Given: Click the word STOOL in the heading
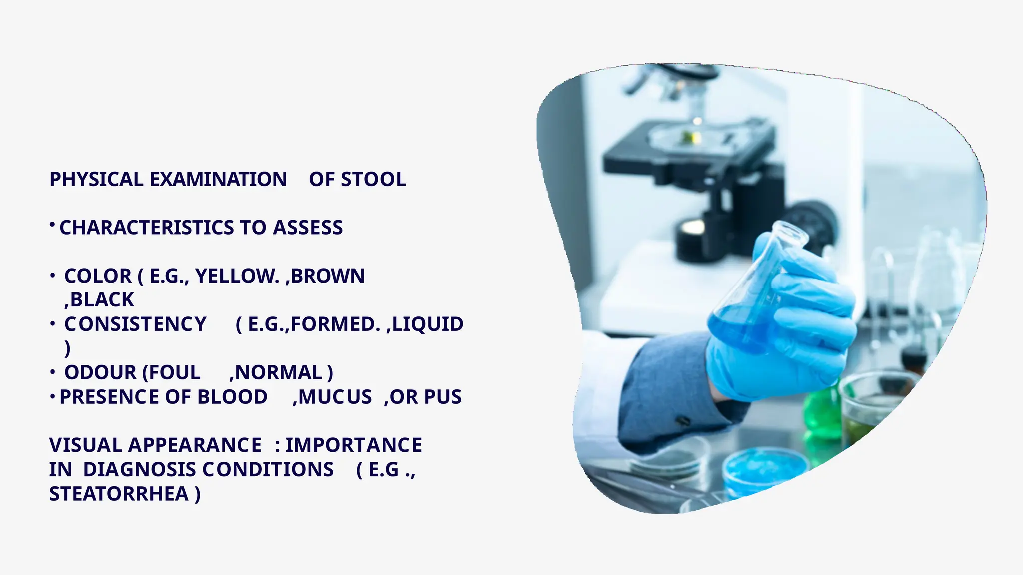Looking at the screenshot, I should [373, 180].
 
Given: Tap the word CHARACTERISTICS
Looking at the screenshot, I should [147, 228].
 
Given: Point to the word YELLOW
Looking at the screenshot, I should [237, 276].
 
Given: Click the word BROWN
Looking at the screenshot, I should [328, 276].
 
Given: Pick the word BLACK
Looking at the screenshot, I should [102, 300].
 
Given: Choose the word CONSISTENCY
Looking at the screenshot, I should [135, 324].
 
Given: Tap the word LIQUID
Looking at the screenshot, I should [428, 324].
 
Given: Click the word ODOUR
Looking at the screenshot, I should [100, 373].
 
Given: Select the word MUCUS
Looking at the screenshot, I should [335, 397].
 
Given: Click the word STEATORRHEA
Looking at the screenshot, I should [119, 494].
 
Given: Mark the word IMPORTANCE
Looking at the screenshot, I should [354, 445].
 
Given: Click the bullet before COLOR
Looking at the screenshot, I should [52, 276].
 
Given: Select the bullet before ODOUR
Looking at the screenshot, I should [52, 372].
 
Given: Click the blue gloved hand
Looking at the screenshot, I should [789, 329].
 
